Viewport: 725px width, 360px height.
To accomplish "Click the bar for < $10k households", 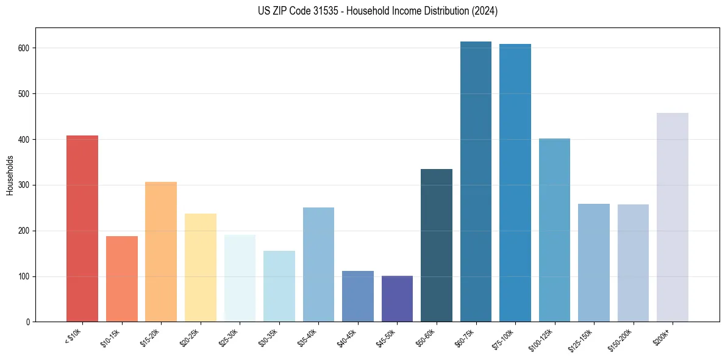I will point(82,228).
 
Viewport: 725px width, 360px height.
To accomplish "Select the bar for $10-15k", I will point(122,279).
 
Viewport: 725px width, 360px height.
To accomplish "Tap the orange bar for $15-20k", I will point(161,251).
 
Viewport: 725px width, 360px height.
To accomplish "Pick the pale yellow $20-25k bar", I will point(201,267).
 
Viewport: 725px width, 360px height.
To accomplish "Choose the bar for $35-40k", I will point(318,264).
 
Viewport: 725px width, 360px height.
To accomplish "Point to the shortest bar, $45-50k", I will point(397,298).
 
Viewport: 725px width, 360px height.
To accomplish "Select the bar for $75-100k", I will point(515,182).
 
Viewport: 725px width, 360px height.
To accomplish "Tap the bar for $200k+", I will point(673,217).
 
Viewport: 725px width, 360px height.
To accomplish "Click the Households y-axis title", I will point(10,175).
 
